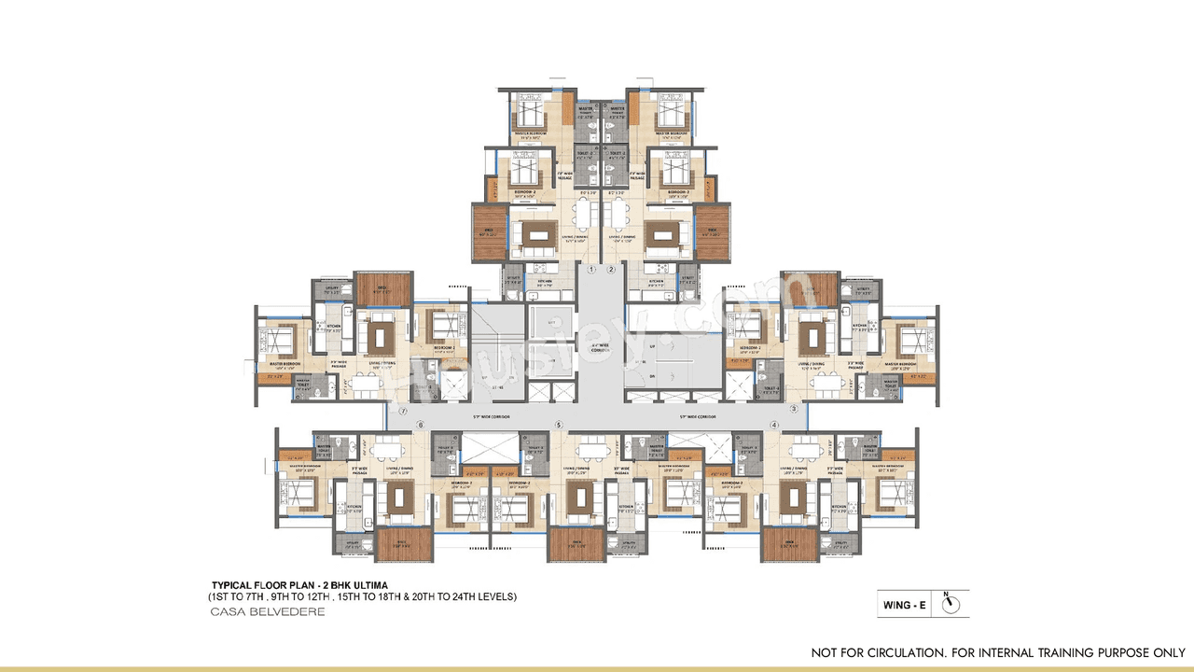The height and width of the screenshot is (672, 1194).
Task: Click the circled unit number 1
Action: (591, 269)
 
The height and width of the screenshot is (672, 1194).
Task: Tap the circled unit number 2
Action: (611, 269)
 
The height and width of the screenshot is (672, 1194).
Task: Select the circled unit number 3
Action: (792, 409)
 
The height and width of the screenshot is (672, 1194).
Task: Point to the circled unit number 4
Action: (774, 426)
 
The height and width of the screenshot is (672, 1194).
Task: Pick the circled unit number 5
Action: (559, 426)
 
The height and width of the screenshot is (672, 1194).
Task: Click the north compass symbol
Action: (951, 605)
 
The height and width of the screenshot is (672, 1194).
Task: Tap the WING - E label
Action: (905, 605)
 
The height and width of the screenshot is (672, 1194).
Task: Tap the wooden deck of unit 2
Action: (714, 231)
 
